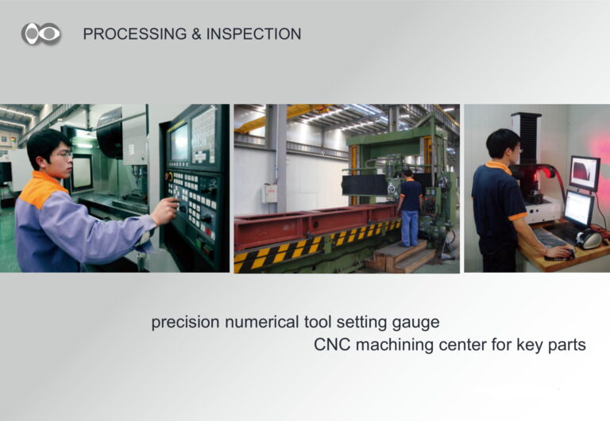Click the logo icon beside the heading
tap(41, 33)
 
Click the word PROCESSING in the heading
tap(135, 34)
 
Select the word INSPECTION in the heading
tap(253, 34)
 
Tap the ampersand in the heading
tap(196, 34)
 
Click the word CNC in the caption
tap(332, 344)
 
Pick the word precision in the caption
tap(186, 323)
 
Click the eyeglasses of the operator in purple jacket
tap(63, 155)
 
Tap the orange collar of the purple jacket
tap(42, 189)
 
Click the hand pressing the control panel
tap(166, 210)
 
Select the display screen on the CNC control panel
tap(180, 142)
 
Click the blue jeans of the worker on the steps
tap(410, 228)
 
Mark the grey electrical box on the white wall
tap(269, 193)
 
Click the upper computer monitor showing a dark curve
tap(585, 173)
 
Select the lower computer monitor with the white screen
tap(579, 209)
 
